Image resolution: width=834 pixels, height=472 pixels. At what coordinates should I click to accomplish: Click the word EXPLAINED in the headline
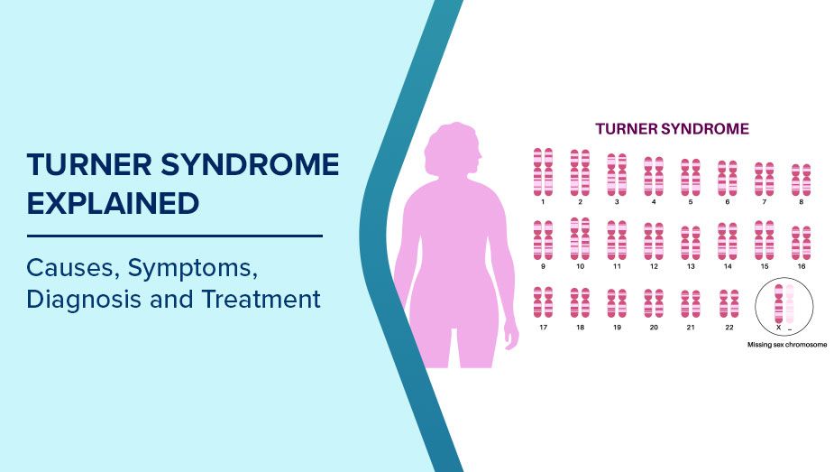point(113,203)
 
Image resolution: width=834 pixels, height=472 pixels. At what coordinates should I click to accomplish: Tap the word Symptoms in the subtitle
point(193,269)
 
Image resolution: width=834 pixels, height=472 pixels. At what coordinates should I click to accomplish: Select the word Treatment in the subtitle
point(261,299)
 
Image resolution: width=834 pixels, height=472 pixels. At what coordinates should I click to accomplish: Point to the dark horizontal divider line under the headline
point(174,236)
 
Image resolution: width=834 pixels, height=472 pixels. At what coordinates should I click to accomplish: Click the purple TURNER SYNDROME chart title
point(672,129)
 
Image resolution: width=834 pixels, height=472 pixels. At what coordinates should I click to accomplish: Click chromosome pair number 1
point(543,171)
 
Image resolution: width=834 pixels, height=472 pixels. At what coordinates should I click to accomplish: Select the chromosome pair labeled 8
point(801,180)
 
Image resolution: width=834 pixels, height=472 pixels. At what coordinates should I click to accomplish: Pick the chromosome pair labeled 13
point(691,243)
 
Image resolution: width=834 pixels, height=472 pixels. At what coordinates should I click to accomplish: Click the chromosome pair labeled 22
point(729,304)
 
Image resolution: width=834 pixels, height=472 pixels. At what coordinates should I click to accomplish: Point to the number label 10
point(580,266)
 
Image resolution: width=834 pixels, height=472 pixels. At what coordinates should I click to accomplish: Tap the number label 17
point(543,328)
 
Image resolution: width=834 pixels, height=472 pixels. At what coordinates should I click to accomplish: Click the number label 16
point(801,266)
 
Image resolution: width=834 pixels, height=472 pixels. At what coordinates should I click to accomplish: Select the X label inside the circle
point(778,328)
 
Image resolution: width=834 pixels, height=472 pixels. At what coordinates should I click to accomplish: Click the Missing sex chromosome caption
point(786,345)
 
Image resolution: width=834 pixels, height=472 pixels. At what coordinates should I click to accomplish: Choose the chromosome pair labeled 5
point(691,178)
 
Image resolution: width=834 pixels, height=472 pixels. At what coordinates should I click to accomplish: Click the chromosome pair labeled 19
point(617,303)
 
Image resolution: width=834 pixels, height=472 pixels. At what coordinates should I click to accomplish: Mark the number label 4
point(654,202)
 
